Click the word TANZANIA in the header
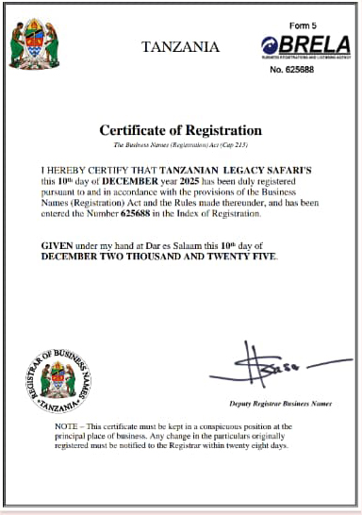pyautogui.click(x=180, y=46)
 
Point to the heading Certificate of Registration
pyautogui.click(x=180, y=129)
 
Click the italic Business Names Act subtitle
pyautogui.click(x=180, y=145)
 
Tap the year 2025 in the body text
pyautogui.click(x=189, y=179)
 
